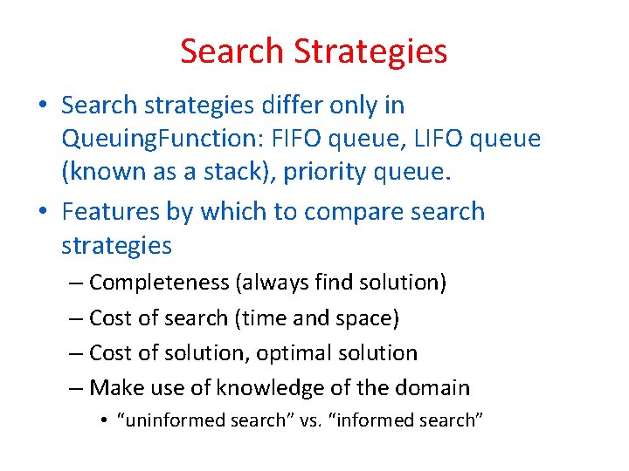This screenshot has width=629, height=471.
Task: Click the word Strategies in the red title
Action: (370, 51)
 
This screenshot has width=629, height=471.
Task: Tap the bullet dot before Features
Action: (42, 213)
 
